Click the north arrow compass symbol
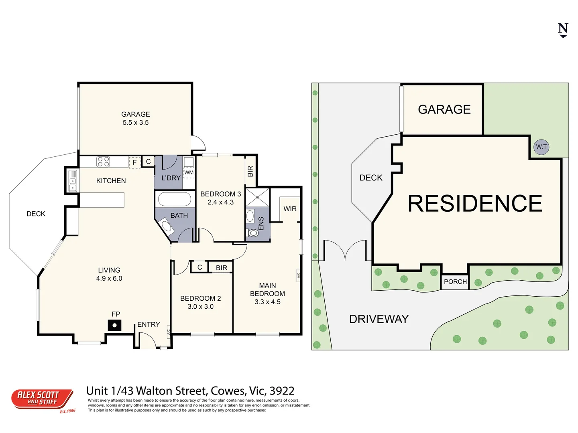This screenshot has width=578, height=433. click(x=563, y=30)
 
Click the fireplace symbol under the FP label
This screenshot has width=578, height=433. click(x=114, y=325)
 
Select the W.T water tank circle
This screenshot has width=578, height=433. click(x=541, y=147)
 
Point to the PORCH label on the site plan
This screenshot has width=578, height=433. click(x=455, y=281)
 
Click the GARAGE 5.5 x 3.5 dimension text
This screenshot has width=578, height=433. click(x=136, y=123)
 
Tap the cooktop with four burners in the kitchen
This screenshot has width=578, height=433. click(x=103, y=162)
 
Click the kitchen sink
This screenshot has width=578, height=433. click(x=73, y=181)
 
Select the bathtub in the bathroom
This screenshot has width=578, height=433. click(x=175, y=199)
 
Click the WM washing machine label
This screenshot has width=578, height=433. click(x=189, y=172)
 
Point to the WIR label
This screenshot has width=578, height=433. click(x=290, y=209)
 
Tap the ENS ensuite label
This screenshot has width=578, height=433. click(x=261, y=223)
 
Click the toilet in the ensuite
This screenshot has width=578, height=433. click(x=253, y=233)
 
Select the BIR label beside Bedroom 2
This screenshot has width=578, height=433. click(x=222, y=268)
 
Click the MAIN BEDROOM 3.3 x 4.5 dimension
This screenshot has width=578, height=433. click(x=267, y=302)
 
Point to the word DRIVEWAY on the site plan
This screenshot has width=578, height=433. click(x=379, y=319)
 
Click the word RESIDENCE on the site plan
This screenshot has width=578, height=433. click(x=475, y=203)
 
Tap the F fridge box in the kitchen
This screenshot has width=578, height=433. click(x=134, y=162)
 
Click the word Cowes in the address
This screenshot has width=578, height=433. click(x=228, y=391)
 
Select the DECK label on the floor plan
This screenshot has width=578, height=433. click(x=36, y=214)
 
